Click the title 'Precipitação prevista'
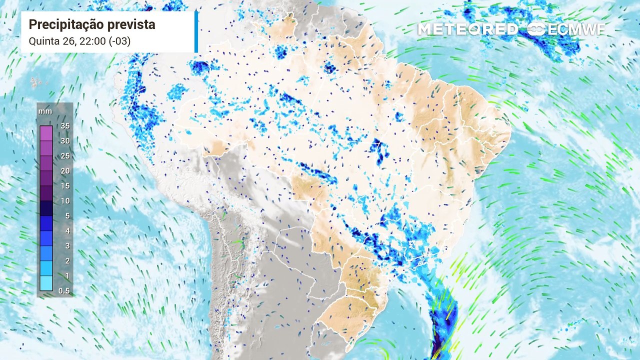(92, 24)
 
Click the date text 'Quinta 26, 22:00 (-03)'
(80, 41)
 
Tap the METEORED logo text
(468, 29)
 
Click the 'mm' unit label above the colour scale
(45, 111)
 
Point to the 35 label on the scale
(65, 126)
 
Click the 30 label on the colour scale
(65, 141)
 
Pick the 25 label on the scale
(65, 156)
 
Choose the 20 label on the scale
(65, 171)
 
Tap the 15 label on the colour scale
(65, 186)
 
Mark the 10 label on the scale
(65, 201)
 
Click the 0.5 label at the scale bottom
(64, 291)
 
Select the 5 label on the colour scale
(66, 216)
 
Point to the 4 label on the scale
(66, 231)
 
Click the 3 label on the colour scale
(66, 246)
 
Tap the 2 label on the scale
(66, 261)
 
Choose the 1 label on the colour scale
(66, 276)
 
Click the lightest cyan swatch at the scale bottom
(46, 283)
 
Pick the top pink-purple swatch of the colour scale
(46, 133)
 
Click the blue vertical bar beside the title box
(196, 31)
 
